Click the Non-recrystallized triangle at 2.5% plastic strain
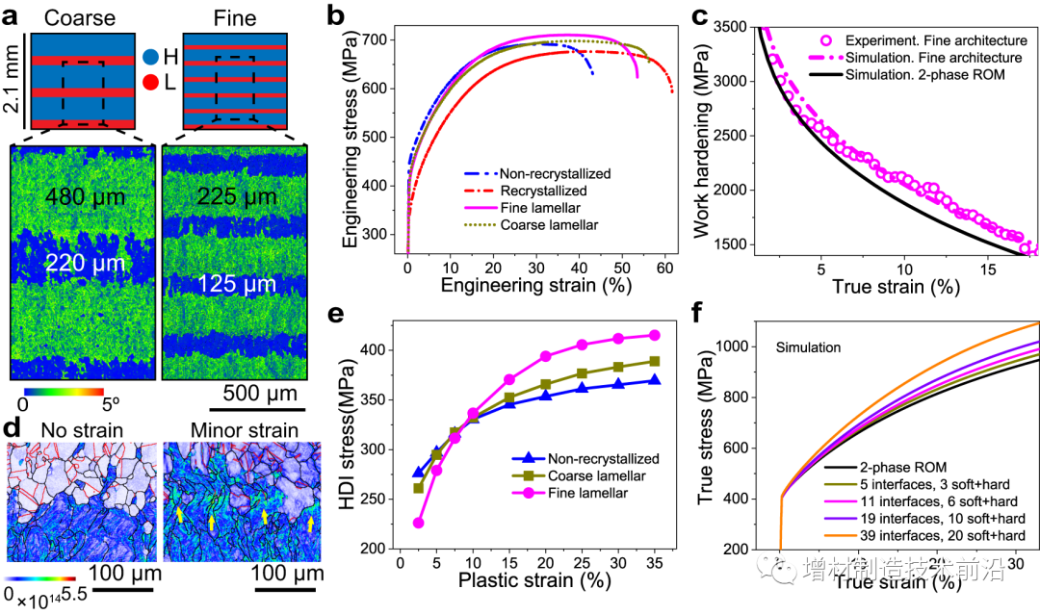pos(418,472)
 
